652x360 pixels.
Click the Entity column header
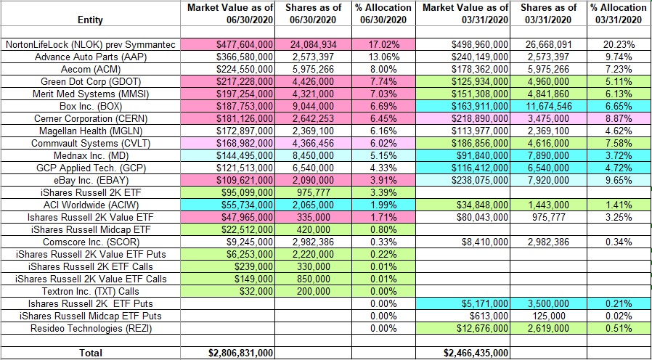tap(90, 20)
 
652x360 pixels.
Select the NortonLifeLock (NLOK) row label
tap(90, 45)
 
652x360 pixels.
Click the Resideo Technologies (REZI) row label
tap(90, 329)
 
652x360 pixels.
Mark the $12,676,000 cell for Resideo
tap(476, 329)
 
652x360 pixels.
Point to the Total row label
tap(90, 352)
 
